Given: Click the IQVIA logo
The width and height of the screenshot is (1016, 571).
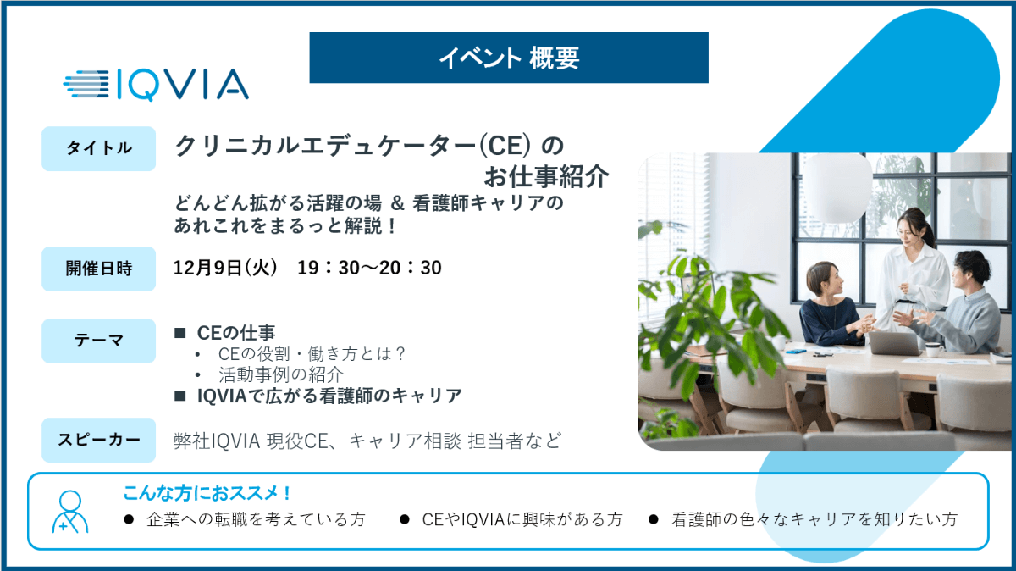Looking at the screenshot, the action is click(156, 85).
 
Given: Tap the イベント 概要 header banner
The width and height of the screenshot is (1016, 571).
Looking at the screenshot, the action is click(509, 58).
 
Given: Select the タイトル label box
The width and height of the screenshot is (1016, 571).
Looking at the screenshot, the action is click(98, 148).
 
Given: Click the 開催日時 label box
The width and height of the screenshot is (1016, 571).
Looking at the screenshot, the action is click(98, 269).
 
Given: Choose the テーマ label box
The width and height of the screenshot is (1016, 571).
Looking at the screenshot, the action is click(98, 341).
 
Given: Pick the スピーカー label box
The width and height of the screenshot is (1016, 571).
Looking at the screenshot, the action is click(98, 440).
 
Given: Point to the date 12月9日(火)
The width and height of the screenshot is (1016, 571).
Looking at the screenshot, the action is click(225, 268).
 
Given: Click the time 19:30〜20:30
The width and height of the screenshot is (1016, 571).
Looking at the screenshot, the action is click(369, 268).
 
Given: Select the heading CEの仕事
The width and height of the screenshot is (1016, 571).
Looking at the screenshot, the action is click(236, 333).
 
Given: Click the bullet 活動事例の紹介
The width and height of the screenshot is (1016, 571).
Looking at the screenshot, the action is click(281, 375).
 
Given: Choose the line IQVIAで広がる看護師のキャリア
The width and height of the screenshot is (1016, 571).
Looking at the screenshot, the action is click(329, 396).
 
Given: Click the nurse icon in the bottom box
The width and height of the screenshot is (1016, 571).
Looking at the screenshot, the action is click(70, 512).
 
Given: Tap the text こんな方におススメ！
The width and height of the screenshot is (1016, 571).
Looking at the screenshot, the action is click(207, 493).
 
